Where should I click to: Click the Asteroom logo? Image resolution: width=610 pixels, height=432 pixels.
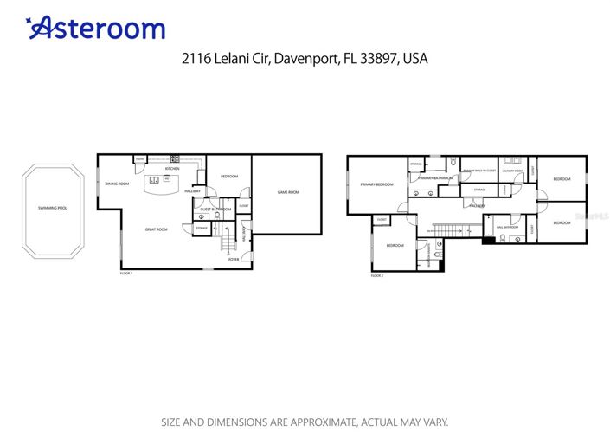tap(96, 28)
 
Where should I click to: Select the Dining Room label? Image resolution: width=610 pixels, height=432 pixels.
tap(117, 184)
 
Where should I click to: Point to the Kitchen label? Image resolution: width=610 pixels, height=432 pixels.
tap(172, 169)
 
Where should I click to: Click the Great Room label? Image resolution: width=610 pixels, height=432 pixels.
tap(156, 229)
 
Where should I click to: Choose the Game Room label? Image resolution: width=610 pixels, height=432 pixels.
tap(287, 191)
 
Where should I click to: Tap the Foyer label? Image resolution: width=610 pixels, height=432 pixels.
tap(234, 259)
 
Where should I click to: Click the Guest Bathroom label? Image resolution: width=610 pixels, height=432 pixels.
tap(215, 209)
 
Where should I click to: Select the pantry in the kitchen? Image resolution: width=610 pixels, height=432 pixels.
tap(139, 158)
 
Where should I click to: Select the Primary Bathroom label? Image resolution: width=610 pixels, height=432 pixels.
tap(435, 177)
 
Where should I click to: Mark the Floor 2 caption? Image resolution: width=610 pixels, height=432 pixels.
tap(376, 275)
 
